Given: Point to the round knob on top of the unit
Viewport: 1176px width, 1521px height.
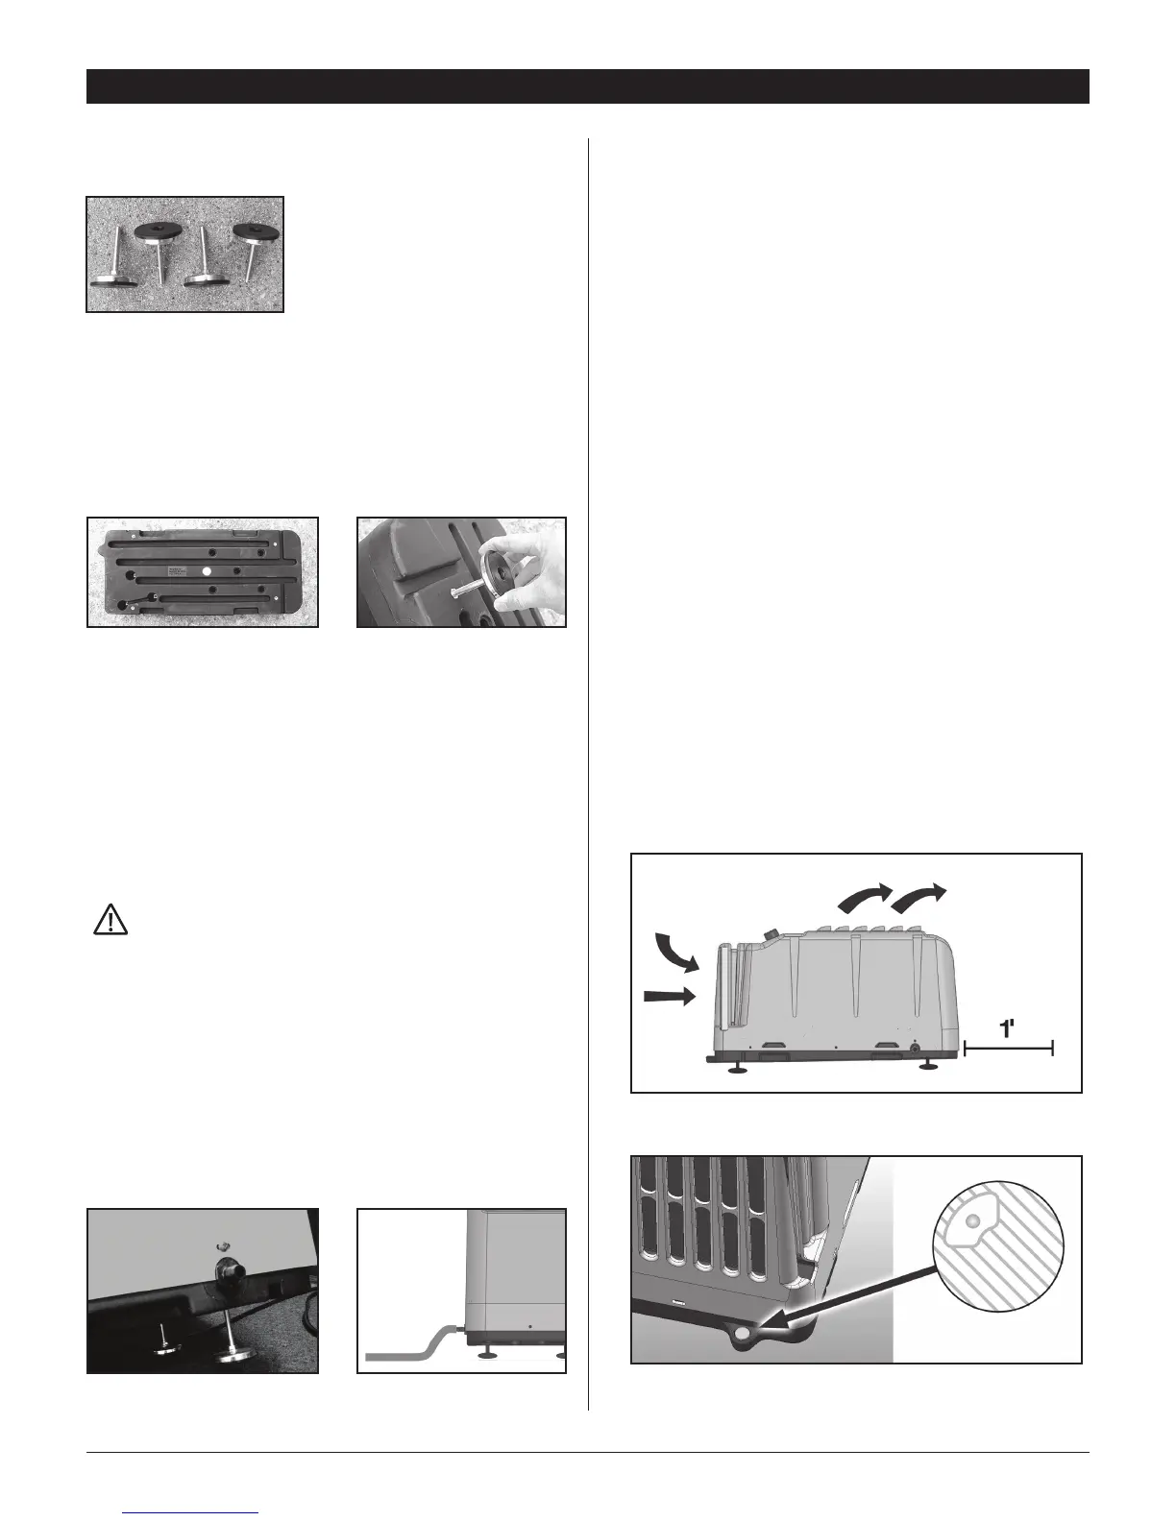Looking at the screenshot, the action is [x=771, y=934].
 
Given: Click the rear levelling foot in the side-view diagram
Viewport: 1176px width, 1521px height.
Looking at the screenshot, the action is [x=929, y=1064].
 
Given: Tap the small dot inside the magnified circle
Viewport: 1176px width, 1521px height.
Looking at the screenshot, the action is [x=972, y=1219].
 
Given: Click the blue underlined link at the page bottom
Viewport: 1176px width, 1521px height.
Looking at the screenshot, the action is [x=192, y=1513].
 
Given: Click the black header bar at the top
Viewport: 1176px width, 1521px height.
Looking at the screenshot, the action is [x=587, y=85].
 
